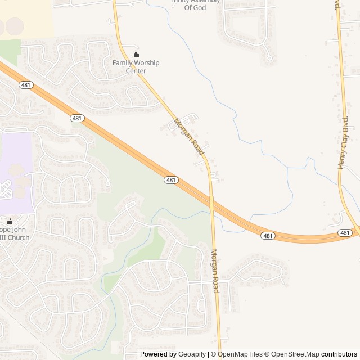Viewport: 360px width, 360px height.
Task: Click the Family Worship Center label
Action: click(x=136, y=67)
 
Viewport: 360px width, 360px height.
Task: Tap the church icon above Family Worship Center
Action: click(x=136, y=55)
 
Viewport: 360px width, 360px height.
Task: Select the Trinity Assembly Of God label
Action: click(x=195, y=4)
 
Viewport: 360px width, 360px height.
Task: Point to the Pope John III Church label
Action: click(x=11, y=233)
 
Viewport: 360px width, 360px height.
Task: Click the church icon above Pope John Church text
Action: click(x=10, y=221)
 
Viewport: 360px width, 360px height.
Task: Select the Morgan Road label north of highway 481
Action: click(x=189, y=137)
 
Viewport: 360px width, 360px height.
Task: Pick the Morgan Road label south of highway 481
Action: click(x=215, y=271)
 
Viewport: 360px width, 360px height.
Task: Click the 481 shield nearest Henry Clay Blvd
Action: click(x=345, y=232)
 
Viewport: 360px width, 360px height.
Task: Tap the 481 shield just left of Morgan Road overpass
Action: click(x=172, y=180)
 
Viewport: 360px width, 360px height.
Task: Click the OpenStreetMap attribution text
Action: click(x=292, y=354)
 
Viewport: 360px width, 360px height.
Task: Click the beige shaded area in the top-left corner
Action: click(x=25, y=17)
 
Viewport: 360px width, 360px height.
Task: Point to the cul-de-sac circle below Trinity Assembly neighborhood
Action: click(x=269, y=57)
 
